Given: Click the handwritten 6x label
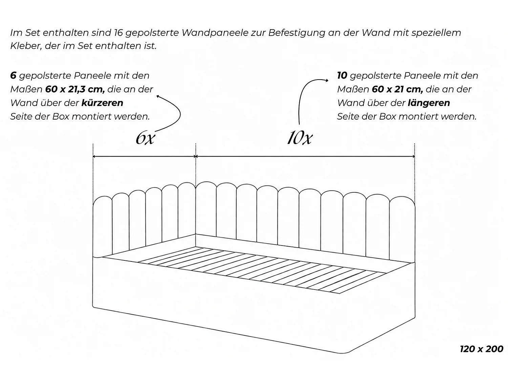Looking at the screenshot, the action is click(x=145, y=139).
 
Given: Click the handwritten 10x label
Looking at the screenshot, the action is click(x=300, y=138).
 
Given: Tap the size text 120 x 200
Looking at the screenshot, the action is click(x=481, y=349).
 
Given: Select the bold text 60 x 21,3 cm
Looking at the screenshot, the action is click(x=75, y=89).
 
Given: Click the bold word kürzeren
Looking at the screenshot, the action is click(x=102, y=103).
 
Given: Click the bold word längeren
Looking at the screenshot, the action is click(x=429, y=103).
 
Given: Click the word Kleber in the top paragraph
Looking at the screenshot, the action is click(x=26, y=46).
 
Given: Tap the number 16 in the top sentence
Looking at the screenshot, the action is click(x=118, y=33).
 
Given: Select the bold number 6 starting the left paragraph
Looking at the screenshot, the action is click(x=13, y=76).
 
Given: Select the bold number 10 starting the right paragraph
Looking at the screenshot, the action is click(x=342, y=76).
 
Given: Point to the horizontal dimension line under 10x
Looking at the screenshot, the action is click(x=305, y=156).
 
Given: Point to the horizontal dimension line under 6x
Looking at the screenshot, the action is click(x=144, y=156).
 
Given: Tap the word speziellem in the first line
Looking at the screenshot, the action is click(x=436, y=33).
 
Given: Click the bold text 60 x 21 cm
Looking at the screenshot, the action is click(x=397, y=89).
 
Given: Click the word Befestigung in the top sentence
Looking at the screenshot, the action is click(x=297, y=33).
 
